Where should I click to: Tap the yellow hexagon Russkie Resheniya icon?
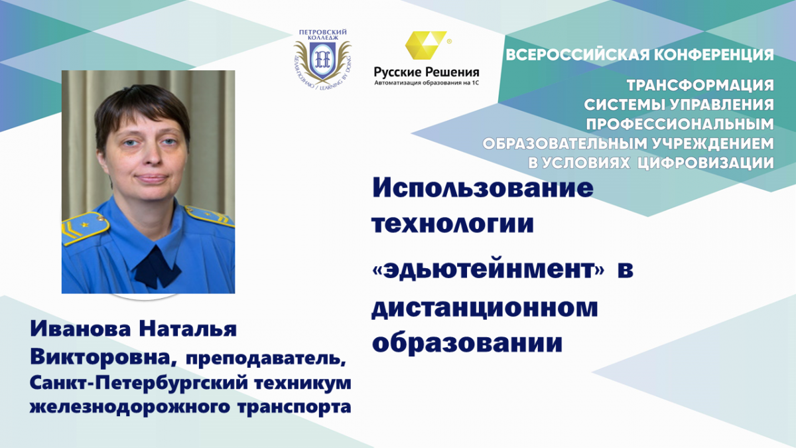pyautogui.click(x=426, y=45)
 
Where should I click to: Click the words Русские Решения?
pyautogui.click(x=427, y=72)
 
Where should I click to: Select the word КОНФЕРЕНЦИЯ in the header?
pyautogui.click(x=714, y=54)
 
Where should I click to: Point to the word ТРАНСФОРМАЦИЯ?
pyautogui.click(x=700, y=86)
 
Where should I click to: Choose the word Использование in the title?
pyautogui.click(x=483, y=188)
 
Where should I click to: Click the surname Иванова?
pyautogui.click(x=80, y=329)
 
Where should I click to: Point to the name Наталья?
pyautogui.click(x=188, y=329)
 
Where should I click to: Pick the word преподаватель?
pyautogui.click(x=266, y=358)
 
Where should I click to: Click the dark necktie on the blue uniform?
pyautogui.click(x=157, y=267)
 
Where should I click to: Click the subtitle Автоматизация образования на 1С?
pyautogui.click(x=427, y=83)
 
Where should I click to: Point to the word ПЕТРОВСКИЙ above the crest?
pyautogui.click(x=322, y=33)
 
